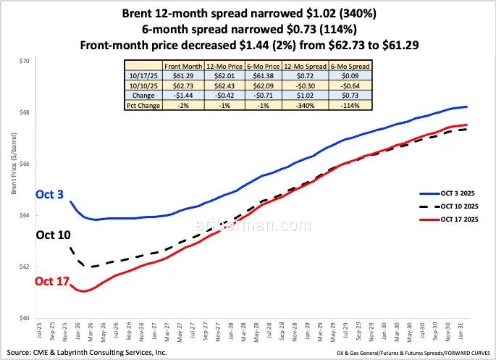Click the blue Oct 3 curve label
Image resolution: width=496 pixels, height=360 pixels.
(x=49, y=195)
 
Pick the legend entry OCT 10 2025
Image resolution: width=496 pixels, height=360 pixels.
(x=454, y=207)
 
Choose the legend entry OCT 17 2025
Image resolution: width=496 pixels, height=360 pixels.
(x=454, y=220)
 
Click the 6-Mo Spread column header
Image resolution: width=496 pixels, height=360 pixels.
(x=350, y=66)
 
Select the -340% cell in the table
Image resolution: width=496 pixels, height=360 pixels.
(x=307, y=105)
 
